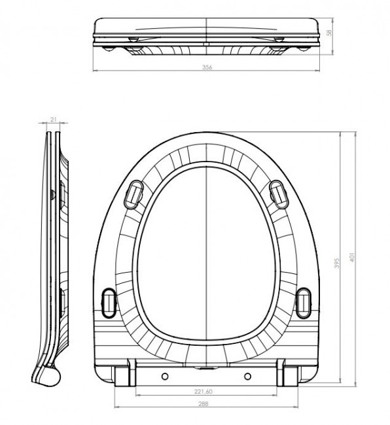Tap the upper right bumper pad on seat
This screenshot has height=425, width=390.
(278, 193)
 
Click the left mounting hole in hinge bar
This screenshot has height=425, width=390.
(164, 375)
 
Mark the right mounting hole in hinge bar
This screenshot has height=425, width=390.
(249, 375)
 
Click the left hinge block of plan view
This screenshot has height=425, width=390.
(122, 375)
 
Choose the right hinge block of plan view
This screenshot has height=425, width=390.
(290, 375)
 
